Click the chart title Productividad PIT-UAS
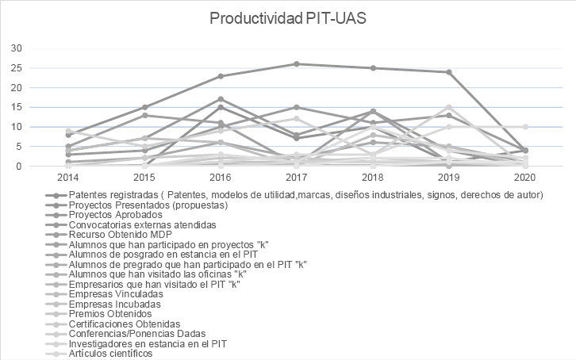point(288,18)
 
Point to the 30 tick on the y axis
point(16,48)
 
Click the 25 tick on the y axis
point(16,68)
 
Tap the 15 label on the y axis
point(16,107)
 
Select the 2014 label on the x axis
point(68,179)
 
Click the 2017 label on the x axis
point(296,179)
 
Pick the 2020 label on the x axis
point(524,179)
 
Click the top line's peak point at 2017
point(296,64)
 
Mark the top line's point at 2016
point(221,76)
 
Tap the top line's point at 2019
point(449,72)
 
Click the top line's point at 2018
point(373,68)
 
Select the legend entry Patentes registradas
point(305,194)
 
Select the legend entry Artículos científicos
point(110,354)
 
